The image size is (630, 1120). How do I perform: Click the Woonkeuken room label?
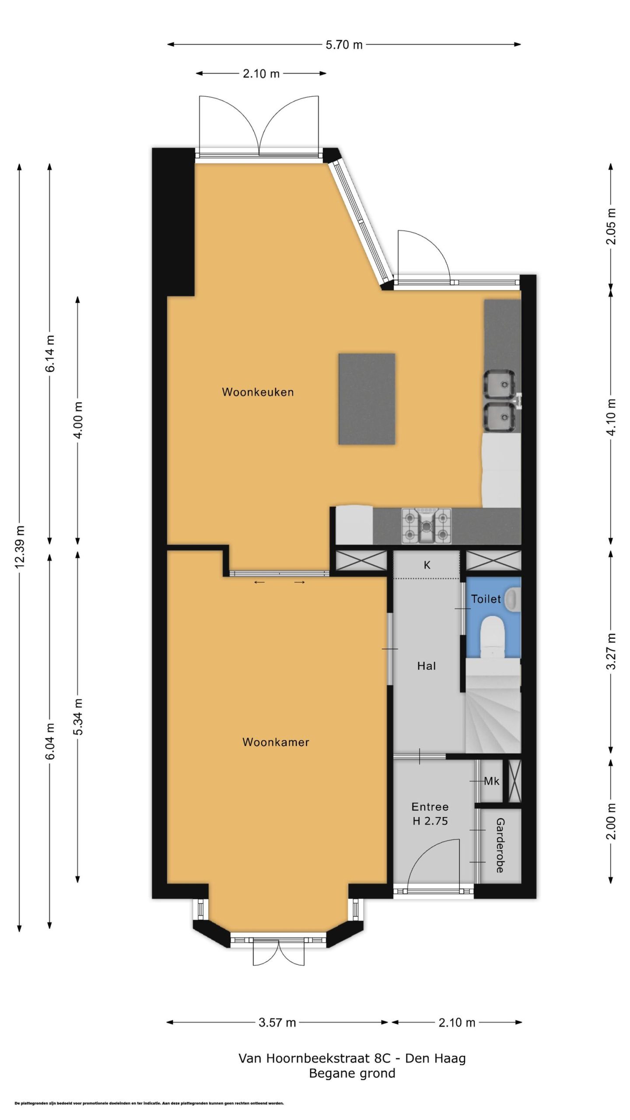[258, 392]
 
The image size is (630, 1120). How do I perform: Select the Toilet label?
[486, 598]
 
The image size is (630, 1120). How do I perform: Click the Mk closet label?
[491, 780]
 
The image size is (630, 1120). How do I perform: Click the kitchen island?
[367, 399]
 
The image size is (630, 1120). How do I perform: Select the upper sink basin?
[499, 384]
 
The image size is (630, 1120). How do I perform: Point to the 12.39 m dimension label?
[20, 546]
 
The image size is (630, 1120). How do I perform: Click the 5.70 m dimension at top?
[344, 45]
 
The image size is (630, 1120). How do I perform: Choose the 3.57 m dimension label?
[277, 1022]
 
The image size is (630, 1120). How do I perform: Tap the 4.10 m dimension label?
[612, 417]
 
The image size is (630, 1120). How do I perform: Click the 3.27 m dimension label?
[612, 651]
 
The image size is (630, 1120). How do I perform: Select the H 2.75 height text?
[430, 821]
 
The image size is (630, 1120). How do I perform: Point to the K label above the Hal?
[427, 565]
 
